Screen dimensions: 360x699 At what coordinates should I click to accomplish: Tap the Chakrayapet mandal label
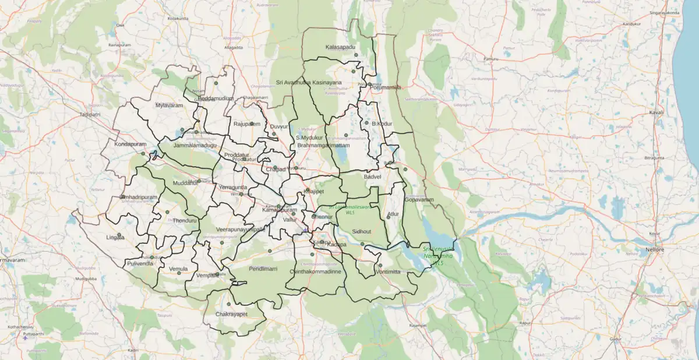pyautogui.click(x=231, y=315)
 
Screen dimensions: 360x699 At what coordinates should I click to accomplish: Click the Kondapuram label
pyautogui.click(x=130, y=144)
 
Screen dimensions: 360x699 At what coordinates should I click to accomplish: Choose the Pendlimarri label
pyautogui.click(x=263, y=269)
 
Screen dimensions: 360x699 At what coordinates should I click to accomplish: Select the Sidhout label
pyautogui.click(x=362, y=232)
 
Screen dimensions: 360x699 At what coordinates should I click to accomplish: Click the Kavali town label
pyautogui.click(x=656, y=112)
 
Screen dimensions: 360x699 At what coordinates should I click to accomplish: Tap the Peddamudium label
pyautogui.click(x=216, y=98)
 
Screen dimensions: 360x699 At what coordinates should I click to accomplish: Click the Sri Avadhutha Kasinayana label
pyautogui.click(x=309, y=83)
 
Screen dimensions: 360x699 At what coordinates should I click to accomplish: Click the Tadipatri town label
pyautogui.click(x=90, y=115)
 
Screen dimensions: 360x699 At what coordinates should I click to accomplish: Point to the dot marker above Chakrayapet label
pyautogui.click(x=229, y=303)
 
